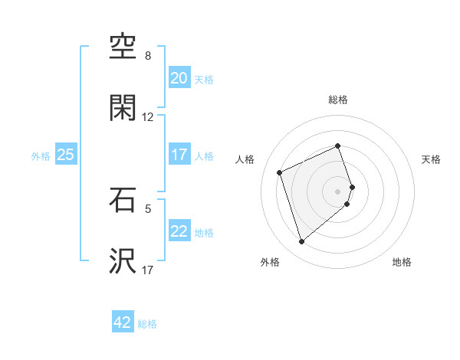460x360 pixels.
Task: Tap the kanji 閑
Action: pyautogui.click(x=123, y=110)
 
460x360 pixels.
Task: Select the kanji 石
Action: pyautogui.click(x=123, y=201)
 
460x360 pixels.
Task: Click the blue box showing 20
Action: pyautogui.click(x=179, y=78)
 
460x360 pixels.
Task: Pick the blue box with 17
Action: pyautogui.click(x=179, y=155)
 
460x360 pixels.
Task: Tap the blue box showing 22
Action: pyautogui.click(x=179, y=231)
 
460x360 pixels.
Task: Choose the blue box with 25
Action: pyautogui.click(x=65, y=155)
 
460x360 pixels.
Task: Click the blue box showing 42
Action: pyautogui.click(x=123, y=322)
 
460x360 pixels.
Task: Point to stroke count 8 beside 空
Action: pyautogui.click(x=148, y=56)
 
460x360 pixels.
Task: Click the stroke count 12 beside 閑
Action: pyautogui.click(x=148, y=117)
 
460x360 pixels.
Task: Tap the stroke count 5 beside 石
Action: pyautogui.click(x=148, y=208)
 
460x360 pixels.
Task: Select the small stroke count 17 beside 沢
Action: pyautogui.click(x=148, y=270)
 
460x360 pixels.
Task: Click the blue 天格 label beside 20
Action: pyautogui.click(x=204, y=80)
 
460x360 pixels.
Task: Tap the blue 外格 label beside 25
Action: pyautogui.click(x=41, y=156)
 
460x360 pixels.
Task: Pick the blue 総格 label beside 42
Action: pyautogui.click(x=147, y=324)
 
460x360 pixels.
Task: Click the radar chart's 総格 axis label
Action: pyautogui.click(x=338, y=100)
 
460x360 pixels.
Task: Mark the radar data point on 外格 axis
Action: pyautogui.click(x=301, y=242)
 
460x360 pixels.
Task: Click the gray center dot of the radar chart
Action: pyautogui.click(x=338, y=191)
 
